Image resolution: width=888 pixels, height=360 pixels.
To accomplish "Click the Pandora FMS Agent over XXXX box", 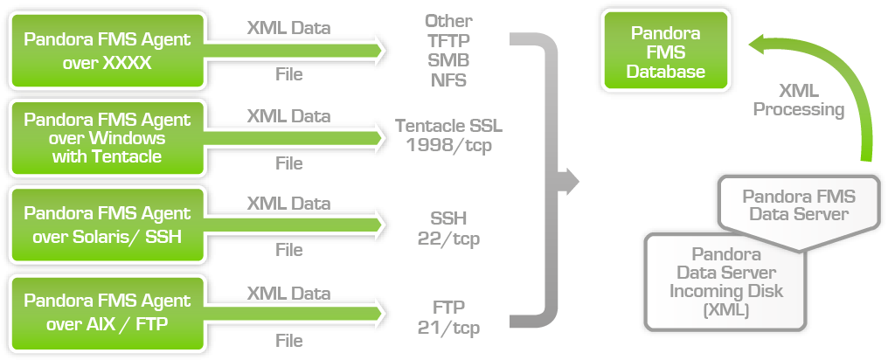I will coord(107,50).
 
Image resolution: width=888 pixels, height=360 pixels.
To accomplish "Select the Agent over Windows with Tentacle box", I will coord(107,138).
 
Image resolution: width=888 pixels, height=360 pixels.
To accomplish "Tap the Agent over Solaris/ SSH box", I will coord(107,225).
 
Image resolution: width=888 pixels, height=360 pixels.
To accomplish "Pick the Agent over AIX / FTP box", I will coord(107,312).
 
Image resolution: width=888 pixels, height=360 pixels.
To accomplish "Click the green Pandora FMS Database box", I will coord(665,52).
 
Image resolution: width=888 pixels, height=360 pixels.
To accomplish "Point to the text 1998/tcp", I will coord(448,145).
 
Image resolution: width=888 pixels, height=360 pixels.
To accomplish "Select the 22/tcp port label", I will coord(448,238).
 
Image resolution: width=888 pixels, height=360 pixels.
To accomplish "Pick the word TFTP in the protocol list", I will coord(448,40).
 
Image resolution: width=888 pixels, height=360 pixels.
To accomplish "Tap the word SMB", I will coord(448,60).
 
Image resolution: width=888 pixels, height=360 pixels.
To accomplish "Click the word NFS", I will coord(448,80).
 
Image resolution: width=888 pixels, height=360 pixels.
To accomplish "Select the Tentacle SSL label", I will coord(448,126).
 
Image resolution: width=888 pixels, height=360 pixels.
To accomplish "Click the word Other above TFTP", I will coord(448,20).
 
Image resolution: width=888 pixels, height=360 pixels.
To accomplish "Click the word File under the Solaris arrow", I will coord(288,250).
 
